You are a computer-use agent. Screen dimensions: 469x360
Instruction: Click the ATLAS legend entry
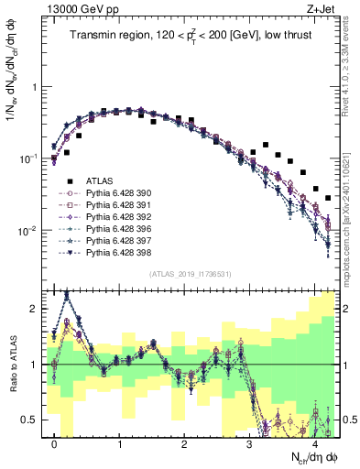pos(100,181)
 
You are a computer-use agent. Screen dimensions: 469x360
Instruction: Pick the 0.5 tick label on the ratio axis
pos(29,420)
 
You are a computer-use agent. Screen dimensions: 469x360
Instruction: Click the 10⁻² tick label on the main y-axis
pos(27,230)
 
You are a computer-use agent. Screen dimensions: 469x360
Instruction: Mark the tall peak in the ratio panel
pos(67,294)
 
